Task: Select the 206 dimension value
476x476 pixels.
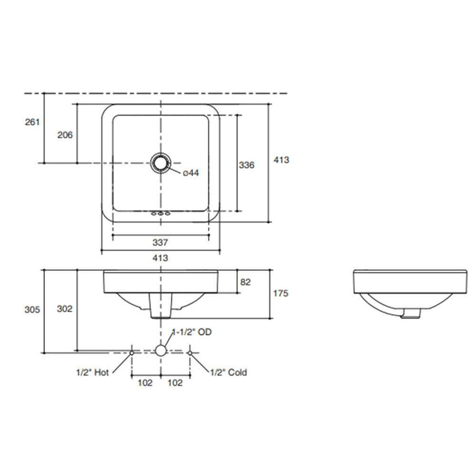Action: (65, 135)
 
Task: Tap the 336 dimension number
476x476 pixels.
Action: (247, 165)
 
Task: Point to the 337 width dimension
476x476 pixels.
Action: (160, 242)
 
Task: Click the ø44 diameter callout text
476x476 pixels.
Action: (190, 174)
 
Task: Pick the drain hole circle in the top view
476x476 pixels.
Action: (160, 163)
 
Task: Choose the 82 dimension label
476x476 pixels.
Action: (246, 281)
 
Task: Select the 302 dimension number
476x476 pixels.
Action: (64, 309)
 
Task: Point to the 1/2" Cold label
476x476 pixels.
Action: (228, 372)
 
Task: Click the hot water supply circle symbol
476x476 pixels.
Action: (131, 352)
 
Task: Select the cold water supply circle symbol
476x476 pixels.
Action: (190, 352)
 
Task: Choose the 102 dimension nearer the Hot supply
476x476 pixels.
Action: (145, 384)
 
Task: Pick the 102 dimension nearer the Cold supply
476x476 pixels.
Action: (175, 384)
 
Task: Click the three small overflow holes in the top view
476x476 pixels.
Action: (160, 215)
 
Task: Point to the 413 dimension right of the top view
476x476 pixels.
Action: (281, 160)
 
